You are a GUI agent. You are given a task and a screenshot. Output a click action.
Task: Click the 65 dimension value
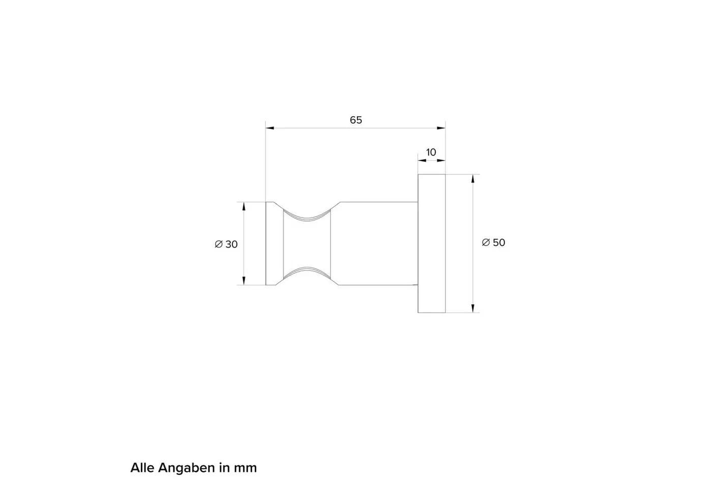coord(355,120)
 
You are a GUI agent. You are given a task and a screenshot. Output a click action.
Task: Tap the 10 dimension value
coord(431,152)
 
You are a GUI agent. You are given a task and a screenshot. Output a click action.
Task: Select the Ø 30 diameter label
coord(226,245)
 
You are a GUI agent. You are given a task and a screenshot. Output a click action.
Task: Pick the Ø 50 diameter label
coord(494,242)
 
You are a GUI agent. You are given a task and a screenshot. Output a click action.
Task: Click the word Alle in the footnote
coord(142,468)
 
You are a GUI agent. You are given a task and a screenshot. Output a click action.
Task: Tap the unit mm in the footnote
coord(245,469)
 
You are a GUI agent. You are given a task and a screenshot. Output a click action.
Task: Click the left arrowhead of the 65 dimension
coord(270,128)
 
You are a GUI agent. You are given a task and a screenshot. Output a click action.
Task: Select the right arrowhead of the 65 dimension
coord(441,128)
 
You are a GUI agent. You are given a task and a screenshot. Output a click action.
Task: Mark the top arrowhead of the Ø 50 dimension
coord(473,179)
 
